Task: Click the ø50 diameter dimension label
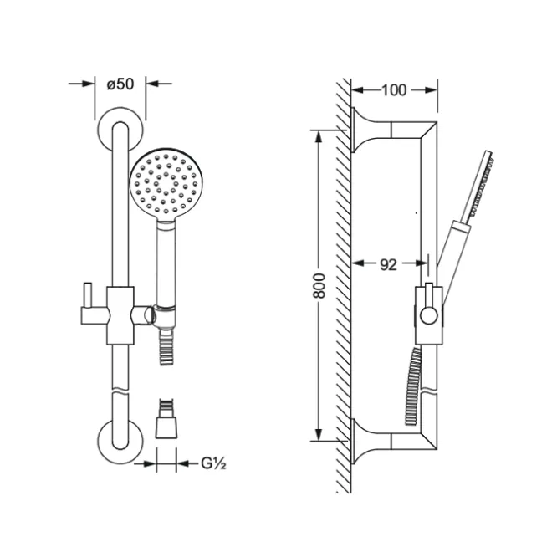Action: click(120, 84)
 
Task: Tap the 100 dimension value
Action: click(394, 90)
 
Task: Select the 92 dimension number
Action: click(388, 264)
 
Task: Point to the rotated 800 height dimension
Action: click(319, 285)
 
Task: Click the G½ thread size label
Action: click(213, 463)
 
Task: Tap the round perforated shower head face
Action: click(166, 185)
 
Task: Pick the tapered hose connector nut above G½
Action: click(166, 427)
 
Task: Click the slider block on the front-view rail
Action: click(120, 315)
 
